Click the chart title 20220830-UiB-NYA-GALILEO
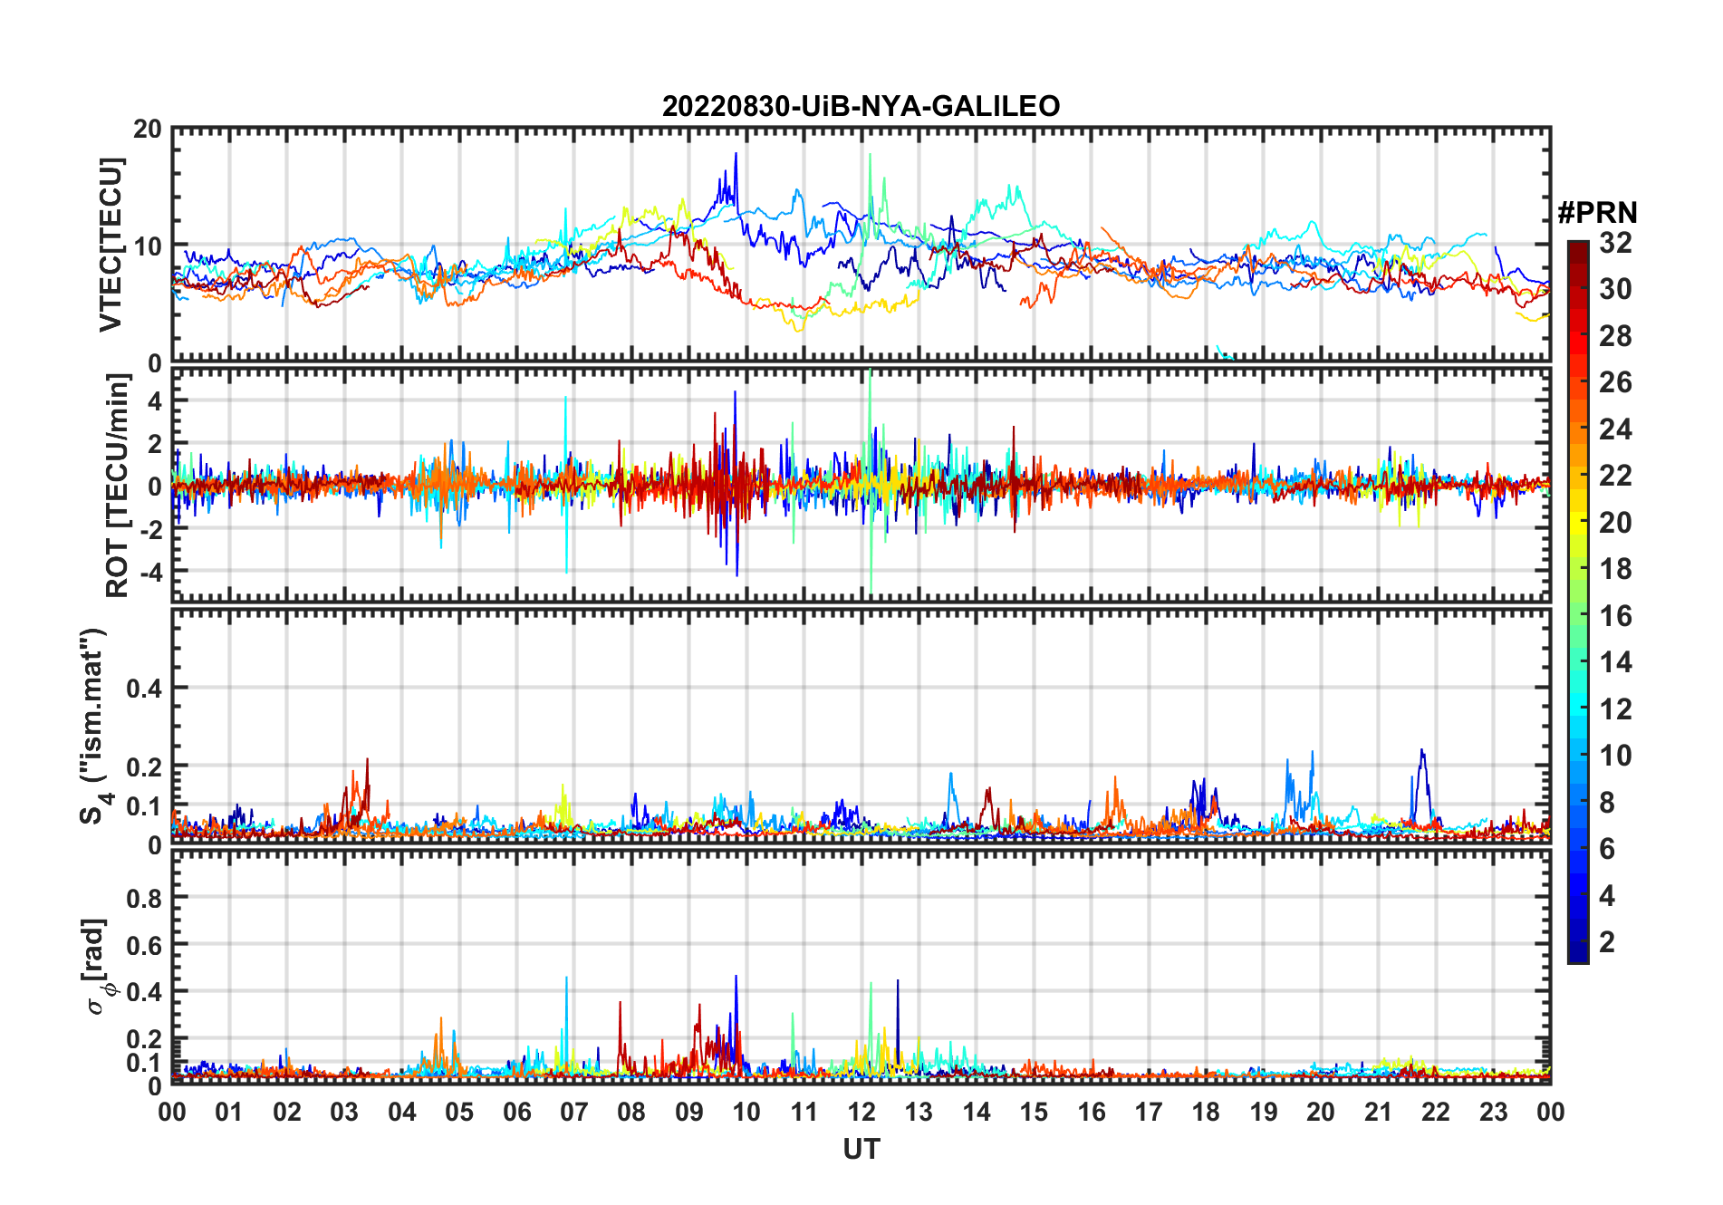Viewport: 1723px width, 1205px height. [x=861, y=107]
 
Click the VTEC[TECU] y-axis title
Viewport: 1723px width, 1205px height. [x=111, y=245]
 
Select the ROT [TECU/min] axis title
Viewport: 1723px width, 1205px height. [x=118, y=485]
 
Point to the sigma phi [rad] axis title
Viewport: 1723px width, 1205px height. [x=96, y=966]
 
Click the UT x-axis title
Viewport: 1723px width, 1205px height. [x=861, y=1150]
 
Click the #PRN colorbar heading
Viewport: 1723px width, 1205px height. [x=1597, y=213]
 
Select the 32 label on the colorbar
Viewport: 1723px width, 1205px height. [x=1615, y=243]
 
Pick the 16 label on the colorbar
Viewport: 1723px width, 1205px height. [x=1615, y=616]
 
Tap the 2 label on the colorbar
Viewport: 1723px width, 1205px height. [x=1607, y=942]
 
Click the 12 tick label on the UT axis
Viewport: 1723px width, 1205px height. [x=861, y=1113]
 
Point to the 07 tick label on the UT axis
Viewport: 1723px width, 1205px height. [x=574, y=1113]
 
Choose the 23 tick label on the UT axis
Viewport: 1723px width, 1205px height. [x=1493, y=1113]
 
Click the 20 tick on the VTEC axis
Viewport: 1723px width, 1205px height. [x=147, y=130]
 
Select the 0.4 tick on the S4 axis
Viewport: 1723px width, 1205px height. [x=143, y=689]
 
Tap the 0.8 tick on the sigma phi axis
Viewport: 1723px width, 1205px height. [x=143, y=899]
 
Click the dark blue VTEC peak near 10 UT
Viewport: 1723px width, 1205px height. [x=736, y=154]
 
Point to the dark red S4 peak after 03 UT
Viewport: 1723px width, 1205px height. [x=367, y=760]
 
